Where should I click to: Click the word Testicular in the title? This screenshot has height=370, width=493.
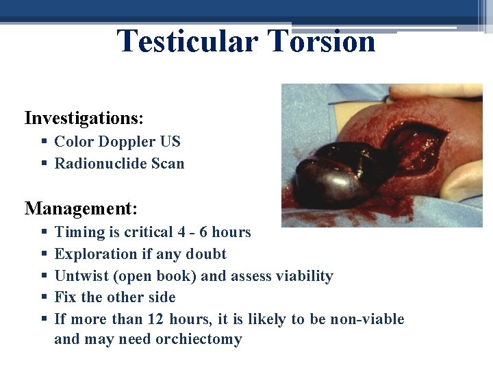187,41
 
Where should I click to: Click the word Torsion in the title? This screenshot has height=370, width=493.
322,41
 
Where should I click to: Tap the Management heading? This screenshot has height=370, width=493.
81,207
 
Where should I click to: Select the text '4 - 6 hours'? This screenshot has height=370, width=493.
212,232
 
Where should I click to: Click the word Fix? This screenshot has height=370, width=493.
66,297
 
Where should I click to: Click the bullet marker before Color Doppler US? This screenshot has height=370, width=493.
43,142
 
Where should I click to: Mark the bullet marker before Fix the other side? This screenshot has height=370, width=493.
43,297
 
